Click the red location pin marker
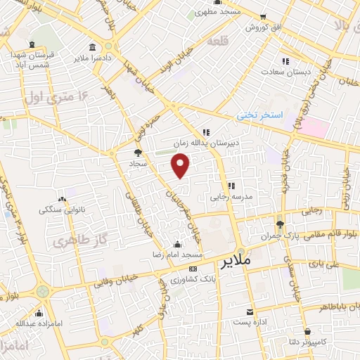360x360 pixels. pyautogui.click(x=181, y=166)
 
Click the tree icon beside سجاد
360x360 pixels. pyautogui.click(x=138, y=152)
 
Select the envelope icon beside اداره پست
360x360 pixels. pyautogui.click(x=250, y=311)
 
